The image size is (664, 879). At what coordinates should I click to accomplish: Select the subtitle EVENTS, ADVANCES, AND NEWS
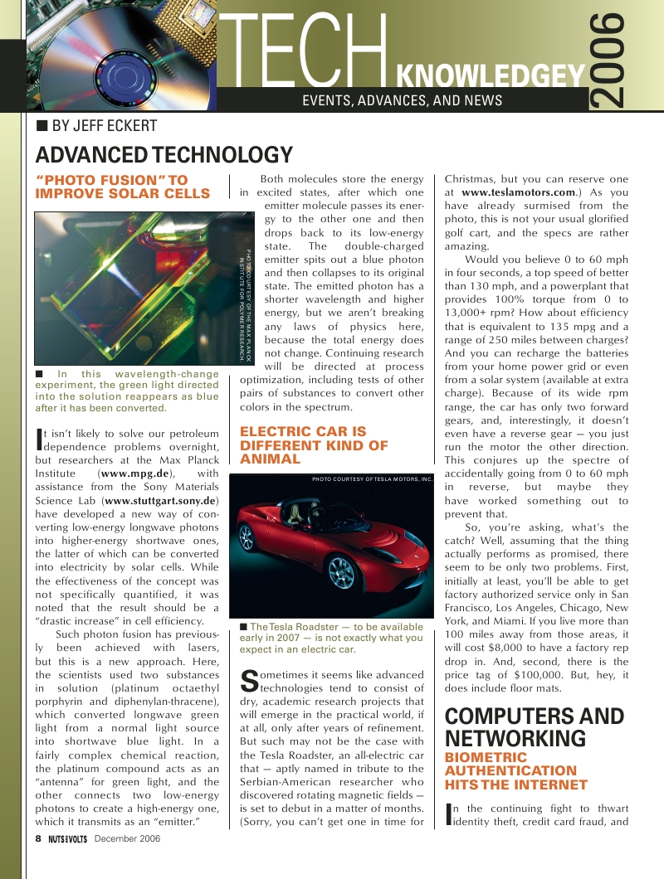pyautogui.click(x=403, y=100)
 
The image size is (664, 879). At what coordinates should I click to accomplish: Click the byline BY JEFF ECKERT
pyautogui.click(x=96, y=126)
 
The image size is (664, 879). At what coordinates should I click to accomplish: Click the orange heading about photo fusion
pyautogui.click(x=123, y=187)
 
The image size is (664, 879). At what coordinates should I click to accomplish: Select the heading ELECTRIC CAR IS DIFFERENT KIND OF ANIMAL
pyautogui.click(x=314, y=445)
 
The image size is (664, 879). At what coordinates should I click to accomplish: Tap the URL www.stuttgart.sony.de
pyautogui.click(x=161, y=501)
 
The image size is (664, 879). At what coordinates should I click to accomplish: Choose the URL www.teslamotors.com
pyautogui.click(x=518, y=192)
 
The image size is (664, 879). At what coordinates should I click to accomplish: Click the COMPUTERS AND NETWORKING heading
pyautogui.click(x=535, y=727)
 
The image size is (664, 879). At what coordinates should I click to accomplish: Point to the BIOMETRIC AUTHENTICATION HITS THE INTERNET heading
pyautogui.click(x=516, y=770)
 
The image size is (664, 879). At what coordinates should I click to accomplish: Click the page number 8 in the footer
pyautogui.click(x=38, y=838)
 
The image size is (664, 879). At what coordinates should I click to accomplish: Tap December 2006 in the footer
pyautogui.click(x=127, y=838)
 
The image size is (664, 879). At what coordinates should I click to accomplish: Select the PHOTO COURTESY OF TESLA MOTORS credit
pyautogui.click(x=372, y=479)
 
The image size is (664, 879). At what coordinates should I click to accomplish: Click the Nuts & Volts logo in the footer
pyautogui.click(x=67, y=838)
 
